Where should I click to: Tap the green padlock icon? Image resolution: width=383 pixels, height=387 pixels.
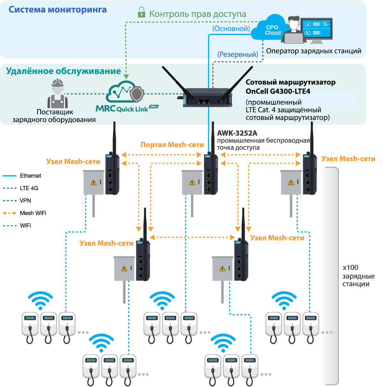tap(141, 13)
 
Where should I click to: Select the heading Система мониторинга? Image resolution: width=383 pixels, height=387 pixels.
tap(57, 10)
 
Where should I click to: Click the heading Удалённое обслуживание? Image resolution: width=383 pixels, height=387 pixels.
tap(64, 71)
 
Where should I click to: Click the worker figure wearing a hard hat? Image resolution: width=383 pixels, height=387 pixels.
tap(57, 94)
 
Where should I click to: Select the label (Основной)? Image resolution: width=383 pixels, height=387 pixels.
tap(231, 28)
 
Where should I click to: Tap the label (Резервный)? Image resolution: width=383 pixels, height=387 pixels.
tap(237, 54)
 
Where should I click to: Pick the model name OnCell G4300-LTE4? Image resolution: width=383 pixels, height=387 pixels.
tap(278, 91)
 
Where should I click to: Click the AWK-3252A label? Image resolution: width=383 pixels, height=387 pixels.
tap(237, 133)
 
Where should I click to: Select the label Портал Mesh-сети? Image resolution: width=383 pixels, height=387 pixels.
tap(172, 145)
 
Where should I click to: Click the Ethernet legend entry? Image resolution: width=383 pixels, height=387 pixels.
tap(30, 176)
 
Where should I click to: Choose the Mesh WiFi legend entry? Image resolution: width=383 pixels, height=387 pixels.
tap(33, 213)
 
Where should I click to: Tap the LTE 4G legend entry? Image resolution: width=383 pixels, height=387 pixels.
tap(29, 188)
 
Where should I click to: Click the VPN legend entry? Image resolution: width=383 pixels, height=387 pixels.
tap(25, 201)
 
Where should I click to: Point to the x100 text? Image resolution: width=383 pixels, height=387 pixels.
tap(350, 267)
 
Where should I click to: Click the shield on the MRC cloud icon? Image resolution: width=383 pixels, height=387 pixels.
tap(137, 93)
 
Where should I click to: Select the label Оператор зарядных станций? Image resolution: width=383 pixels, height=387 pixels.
tap(313, 51)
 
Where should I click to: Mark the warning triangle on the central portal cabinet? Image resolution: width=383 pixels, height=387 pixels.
tap(192, 182)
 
